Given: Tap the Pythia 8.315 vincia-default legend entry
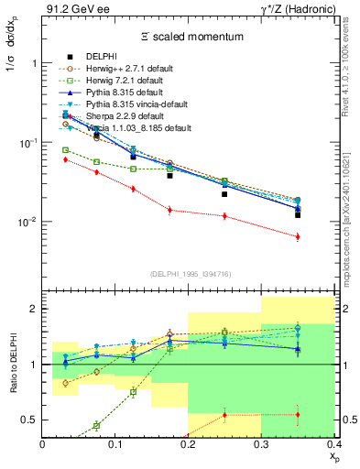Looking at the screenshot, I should pyautogui.click(x=134, y=104).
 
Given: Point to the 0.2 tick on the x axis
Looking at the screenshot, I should pyautogui.click(x=189, y=444).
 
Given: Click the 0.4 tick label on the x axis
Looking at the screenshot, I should pyautogui.click(x=333, y=444).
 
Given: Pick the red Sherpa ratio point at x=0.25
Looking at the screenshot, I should pyautogui.click(x=224, y=415).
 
